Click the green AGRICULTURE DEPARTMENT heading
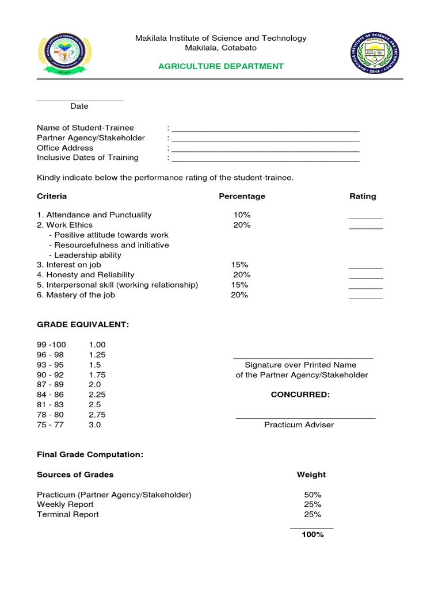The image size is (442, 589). tap(221, 66)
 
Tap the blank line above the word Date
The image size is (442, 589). tap(80, 100)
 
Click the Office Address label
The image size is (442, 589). tap(65, 148)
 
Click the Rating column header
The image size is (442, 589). tap(363, 196)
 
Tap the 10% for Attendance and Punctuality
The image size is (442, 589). tap(242, 215)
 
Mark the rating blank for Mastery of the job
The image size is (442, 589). tap(365, 297)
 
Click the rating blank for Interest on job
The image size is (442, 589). tap(365, 267)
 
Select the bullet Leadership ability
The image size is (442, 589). tap(85, 255)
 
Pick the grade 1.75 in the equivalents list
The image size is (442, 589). tap(97, 375)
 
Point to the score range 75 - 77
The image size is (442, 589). tap(50, 425)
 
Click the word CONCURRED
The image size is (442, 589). tap(300, 395)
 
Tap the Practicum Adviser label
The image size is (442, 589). tap(299, 425)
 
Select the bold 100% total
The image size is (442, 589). tap(313, 535)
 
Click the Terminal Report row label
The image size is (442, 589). tap(68, 515)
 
